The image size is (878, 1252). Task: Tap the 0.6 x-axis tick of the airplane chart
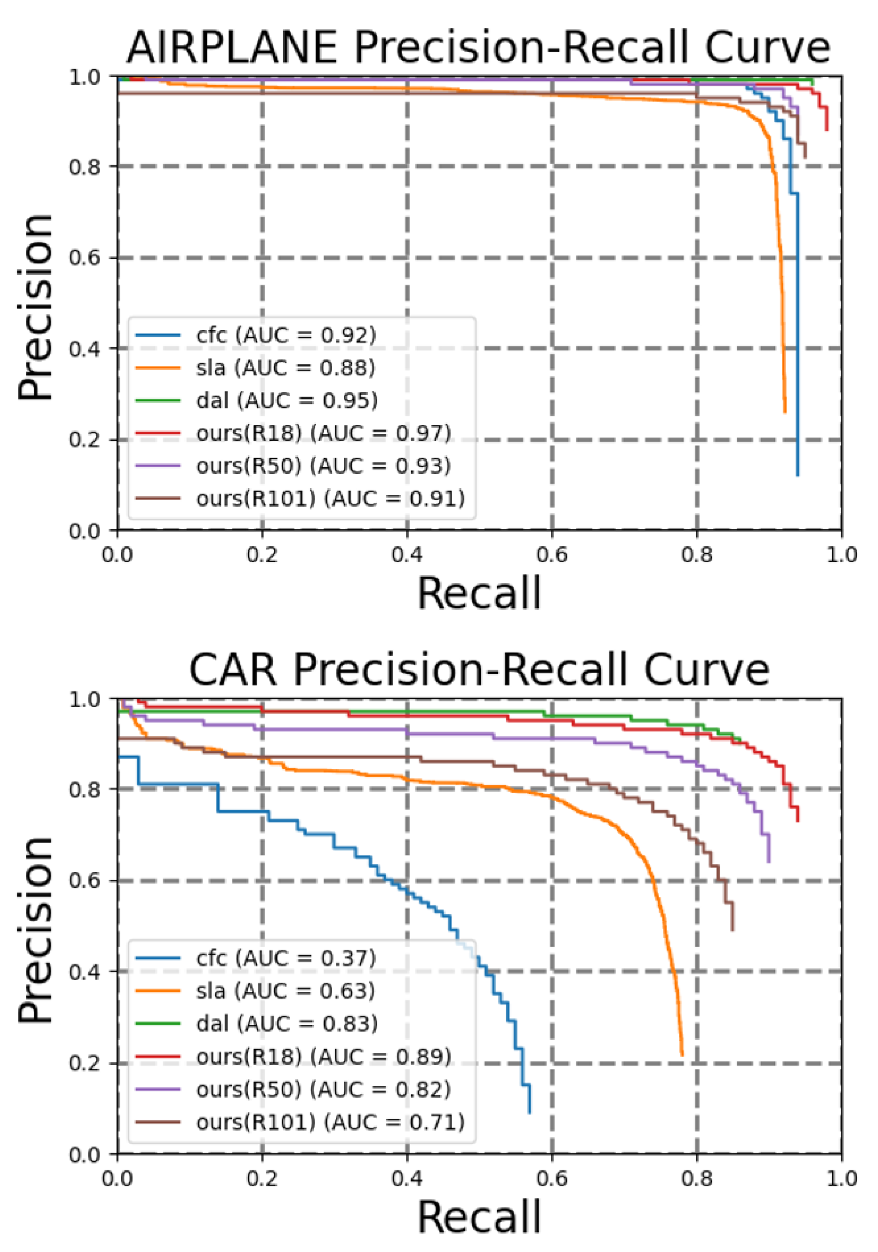(x=551, y=555)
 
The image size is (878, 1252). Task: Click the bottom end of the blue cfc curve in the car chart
(x=529, y=1113)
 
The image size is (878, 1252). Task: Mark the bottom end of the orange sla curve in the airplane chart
(x=785, y=412)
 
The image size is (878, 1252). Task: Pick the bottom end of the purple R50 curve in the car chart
(x=769, y=862)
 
